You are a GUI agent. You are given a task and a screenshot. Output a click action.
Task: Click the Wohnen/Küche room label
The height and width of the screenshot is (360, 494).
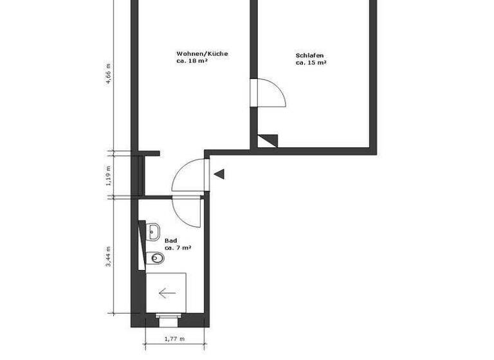202,54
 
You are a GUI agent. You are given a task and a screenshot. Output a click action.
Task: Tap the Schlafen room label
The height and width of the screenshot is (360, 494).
309,55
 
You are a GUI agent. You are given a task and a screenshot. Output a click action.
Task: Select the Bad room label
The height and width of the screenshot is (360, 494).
170,240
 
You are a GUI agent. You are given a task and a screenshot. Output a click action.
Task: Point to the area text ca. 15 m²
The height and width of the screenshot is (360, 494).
311,63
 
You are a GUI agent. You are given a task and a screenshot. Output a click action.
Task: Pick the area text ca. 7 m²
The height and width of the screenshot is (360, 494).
178,248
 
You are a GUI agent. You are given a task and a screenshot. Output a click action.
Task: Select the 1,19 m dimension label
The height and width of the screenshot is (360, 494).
109,174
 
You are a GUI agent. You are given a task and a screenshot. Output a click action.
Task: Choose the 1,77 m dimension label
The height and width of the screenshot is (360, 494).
174,339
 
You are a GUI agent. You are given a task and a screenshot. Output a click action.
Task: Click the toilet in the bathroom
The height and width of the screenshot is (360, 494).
156,258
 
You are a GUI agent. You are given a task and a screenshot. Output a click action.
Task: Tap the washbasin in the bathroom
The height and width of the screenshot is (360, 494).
153,232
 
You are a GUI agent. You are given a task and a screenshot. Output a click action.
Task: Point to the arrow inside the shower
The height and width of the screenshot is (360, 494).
167,293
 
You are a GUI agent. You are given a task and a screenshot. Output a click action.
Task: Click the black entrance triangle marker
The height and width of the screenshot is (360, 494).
219,174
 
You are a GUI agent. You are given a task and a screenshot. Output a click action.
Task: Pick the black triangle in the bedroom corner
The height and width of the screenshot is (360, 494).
268,140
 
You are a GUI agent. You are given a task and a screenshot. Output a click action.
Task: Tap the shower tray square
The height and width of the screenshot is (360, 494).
166,292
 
